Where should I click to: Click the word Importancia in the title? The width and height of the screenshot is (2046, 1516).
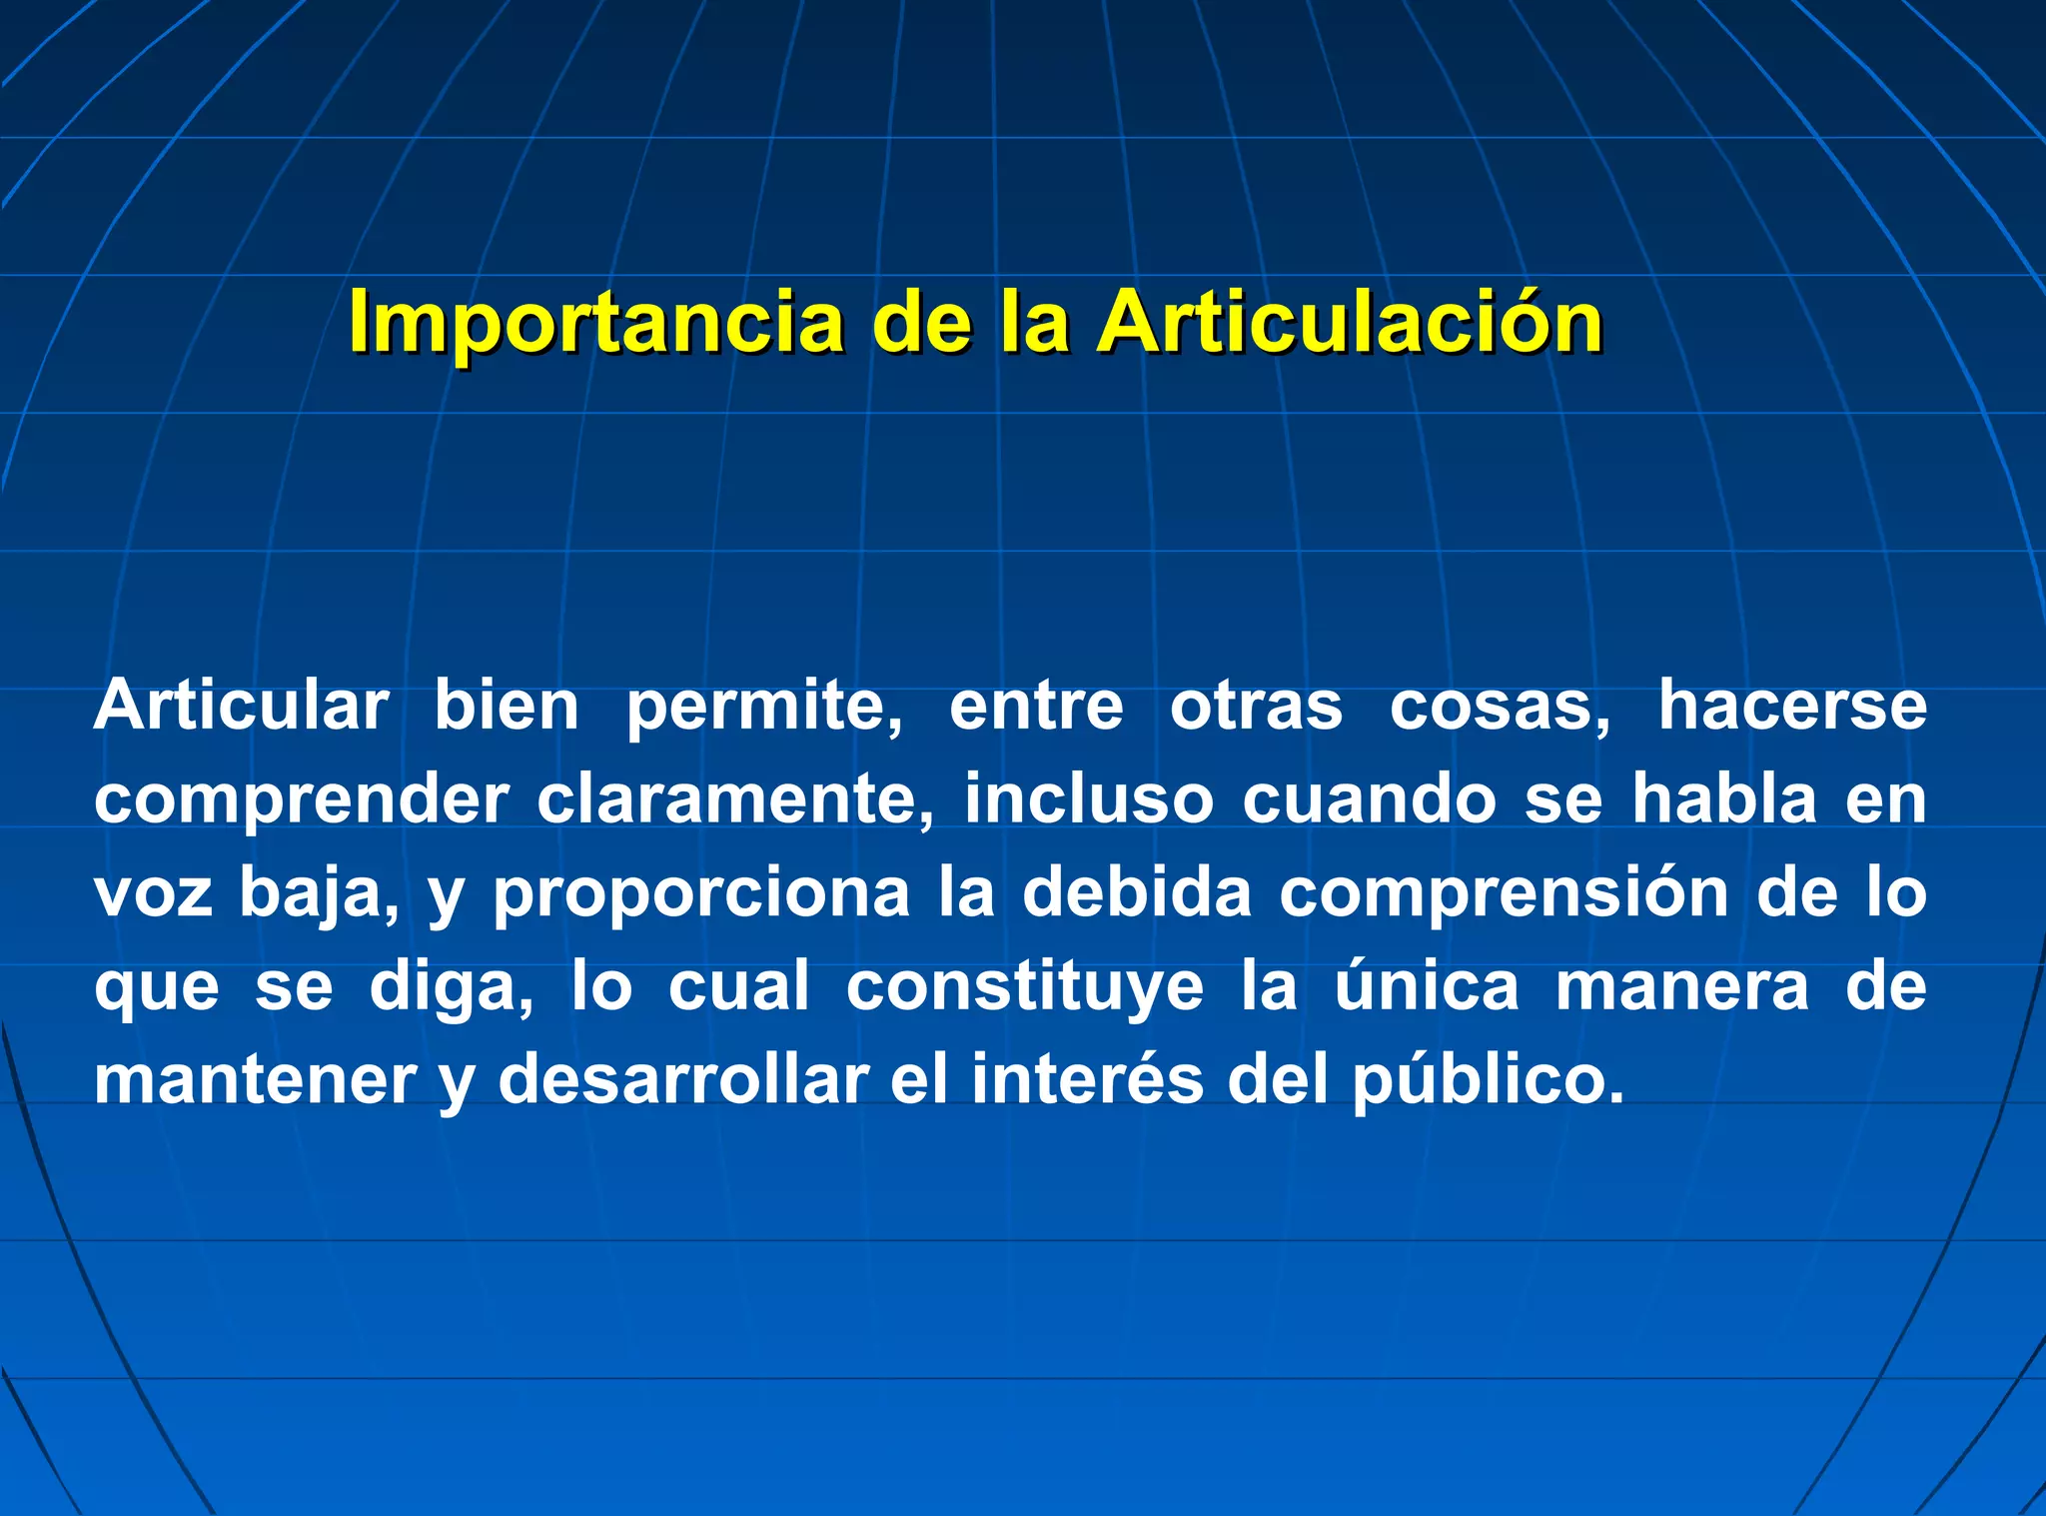coord(596,323)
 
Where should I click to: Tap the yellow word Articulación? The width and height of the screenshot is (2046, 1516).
coord(1350,323)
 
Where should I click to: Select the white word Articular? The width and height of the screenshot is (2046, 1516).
coord(241,707)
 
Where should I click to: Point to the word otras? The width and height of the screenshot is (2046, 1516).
coord(1256,707)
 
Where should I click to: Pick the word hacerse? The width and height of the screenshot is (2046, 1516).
coord(1792,707)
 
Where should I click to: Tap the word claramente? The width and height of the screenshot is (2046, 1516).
coord(736,799)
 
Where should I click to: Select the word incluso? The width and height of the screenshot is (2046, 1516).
coord(1088,799)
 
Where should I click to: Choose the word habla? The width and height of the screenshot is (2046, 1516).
coord(1723,799)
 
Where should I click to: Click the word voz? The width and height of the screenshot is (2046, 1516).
coord(153,893)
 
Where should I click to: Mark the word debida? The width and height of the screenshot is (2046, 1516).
coord(1136,892)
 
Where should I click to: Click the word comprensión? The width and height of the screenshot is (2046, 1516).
coord(1504,893)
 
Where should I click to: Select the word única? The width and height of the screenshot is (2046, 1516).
coord(1427,985)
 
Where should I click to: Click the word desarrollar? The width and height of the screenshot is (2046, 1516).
coord(683,1080)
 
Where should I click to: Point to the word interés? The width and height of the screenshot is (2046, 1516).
coord(1087,1080)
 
